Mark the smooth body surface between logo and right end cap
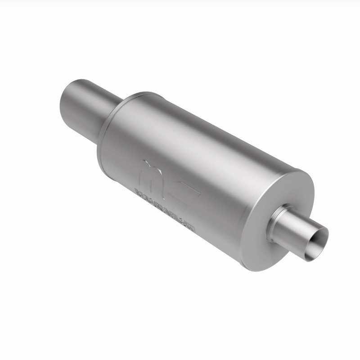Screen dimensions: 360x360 pos(225,198)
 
